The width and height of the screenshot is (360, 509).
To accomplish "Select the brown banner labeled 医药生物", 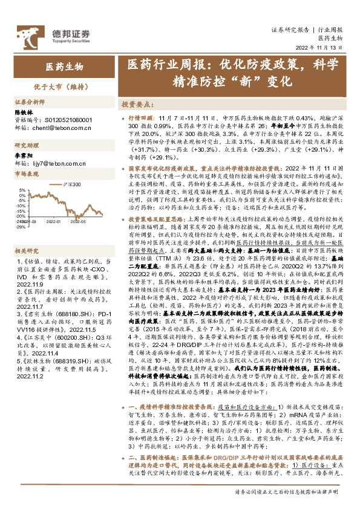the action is [x=64, y=65].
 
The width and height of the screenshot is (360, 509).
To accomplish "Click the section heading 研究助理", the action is [x=26, y=146].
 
